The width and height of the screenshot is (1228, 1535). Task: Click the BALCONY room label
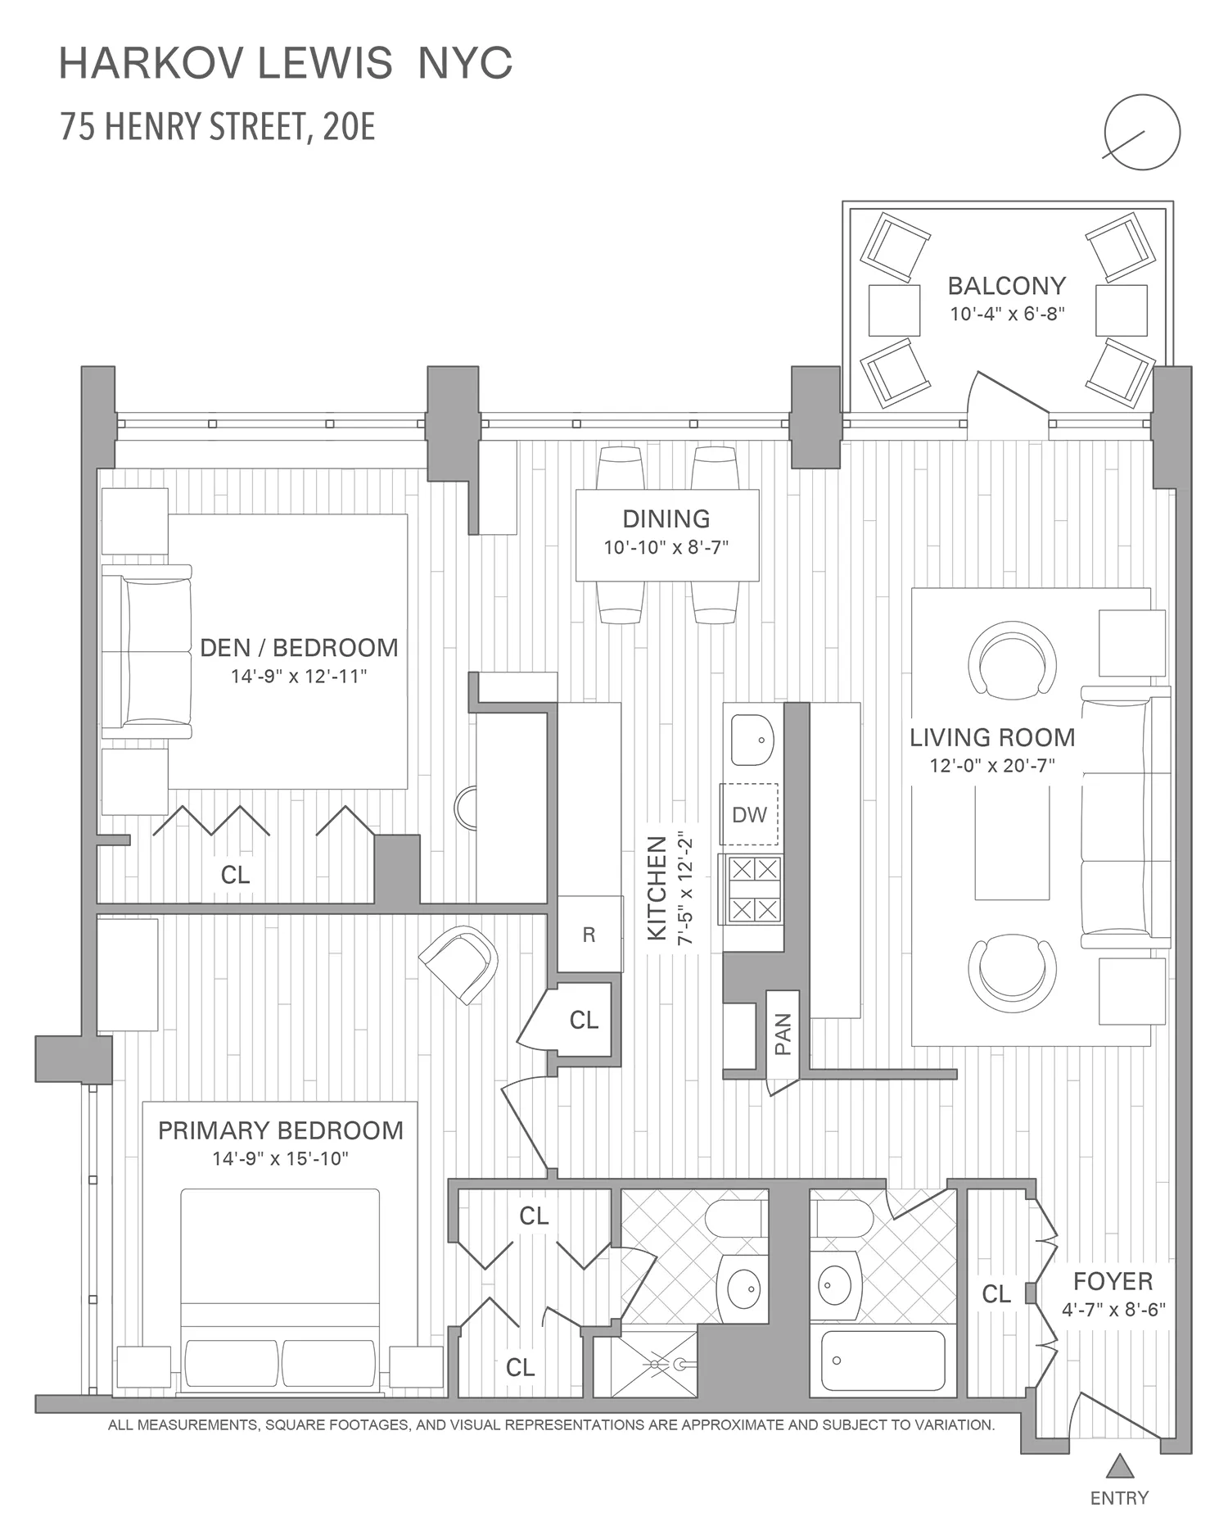tap(1006, 286)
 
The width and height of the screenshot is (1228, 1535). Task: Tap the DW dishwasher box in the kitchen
tap(749, 814)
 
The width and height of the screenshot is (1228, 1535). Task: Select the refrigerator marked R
tap(589, 934)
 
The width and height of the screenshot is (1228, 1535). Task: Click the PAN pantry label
tap(783, 1035)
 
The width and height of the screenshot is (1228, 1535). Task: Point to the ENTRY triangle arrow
tap(1119, 1465)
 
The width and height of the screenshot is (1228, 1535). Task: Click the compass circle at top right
tap(1142, 132)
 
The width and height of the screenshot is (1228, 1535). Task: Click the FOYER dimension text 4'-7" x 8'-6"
tap(1113, 1310)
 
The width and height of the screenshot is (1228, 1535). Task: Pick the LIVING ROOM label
tap(992, 737)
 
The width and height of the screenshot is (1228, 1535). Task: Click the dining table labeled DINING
tap(667, 536)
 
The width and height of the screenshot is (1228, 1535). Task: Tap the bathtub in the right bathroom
tap(883, 1361)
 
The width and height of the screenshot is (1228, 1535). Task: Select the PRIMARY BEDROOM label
tap(281, 1130)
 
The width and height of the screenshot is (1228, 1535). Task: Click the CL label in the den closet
tap(235, 875)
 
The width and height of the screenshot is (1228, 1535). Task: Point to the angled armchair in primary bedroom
tap(458, 963)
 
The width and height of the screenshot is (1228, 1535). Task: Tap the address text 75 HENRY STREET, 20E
tap(218, 128)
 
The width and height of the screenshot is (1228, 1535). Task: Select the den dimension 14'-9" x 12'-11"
tap(299, 677)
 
